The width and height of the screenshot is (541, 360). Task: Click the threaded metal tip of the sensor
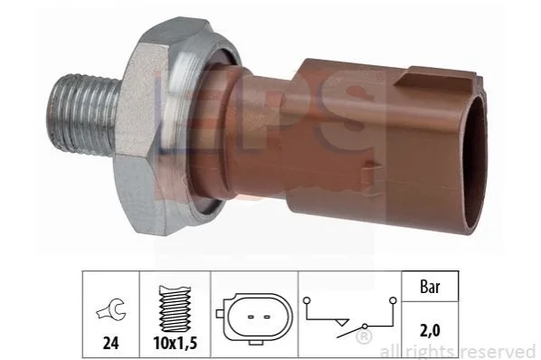[82, 115]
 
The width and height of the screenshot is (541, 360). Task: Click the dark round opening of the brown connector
[476, 161]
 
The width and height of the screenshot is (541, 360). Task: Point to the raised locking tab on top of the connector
[435, 77]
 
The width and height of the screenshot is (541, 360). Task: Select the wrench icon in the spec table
[111, 308]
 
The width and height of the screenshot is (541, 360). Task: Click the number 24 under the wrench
[110, 343]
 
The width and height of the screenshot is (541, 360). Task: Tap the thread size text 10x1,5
[176, 343]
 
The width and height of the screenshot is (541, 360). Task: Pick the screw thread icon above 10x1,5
[175, 309]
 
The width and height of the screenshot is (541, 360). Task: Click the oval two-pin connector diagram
[254, 317]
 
